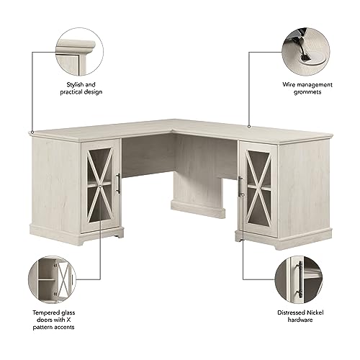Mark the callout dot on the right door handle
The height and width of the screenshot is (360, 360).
242,196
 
